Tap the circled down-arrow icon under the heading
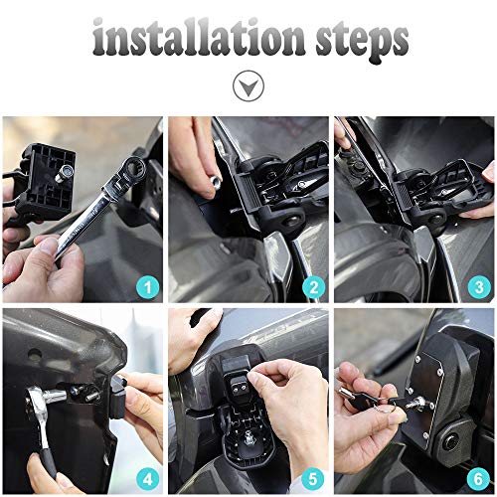click(248, 87)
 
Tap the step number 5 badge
click(314, 478)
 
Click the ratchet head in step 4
click(55, 398)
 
